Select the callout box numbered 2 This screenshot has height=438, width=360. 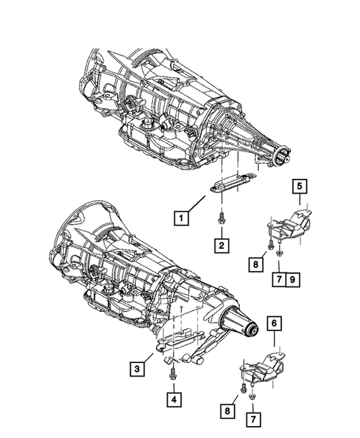221,244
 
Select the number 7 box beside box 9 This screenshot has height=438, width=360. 278,280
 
